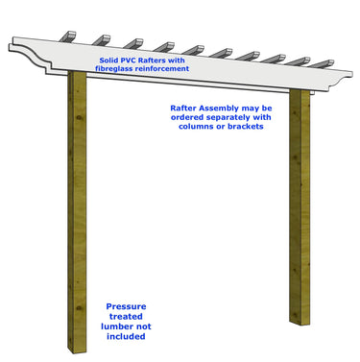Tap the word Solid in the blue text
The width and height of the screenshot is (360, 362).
pyautogui.click(x=110, y=60)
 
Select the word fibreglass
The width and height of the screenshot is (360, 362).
pyautogui.click(x=119, y=70)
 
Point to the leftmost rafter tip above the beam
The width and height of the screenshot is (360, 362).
pyautogui.click(x=70, y=36)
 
